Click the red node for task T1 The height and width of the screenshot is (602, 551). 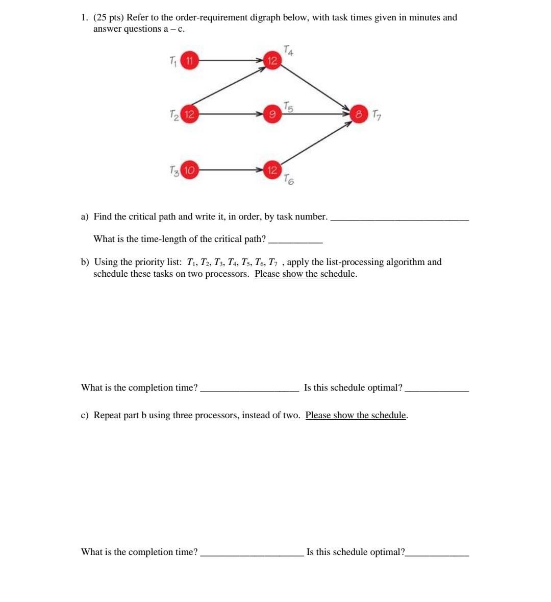[x=189, y=61]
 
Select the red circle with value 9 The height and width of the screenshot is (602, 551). [x=272, y=114]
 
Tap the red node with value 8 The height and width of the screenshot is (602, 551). [x=359, y=114]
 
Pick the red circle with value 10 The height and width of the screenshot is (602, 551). [x=189, y=170]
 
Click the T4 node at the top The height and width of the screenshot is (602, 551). [x=272, y=61]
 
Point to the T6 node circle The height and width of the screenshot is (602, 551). [x=272, y=170]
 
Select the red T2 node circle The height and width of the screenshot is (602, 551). [x=189, y=114]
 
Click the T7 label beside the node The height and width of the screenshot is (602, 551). [x=376, y=115]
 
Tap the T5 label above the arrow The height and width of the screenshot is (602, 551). [x=288, y=107]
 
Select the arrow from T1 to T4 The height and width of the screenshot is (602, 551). [x=230, y=61]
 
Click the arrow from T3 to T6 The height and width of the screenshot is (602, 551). [x=230, y=170]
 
